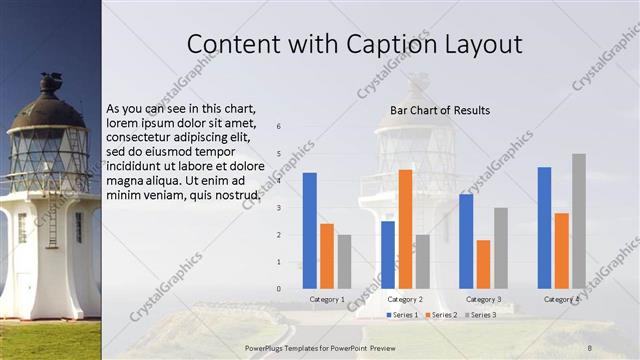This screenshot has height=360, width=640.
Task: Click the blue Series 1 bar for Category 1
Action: coord(310,230)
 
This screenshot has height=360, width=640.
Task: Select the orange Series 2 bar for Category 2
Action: coord(405,228)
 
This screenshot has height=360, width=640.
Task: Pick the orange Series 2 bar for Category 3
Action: coord(484,263)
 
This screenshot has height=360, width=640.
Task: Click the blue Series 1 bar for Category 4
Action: coord(544,227)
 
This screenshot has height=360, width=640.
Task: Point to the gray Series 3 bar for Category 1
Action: coord(345,261)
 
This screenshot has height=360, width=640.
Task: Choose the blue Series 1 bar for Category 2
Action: coord(388,254)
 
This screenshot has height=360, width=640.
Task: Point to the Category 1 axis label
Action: coord(327,299)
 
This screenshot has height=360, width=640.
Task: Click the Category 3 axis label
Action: coord(484,299)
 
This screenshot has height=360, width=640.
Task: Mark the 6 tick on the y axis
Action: coord(279,126)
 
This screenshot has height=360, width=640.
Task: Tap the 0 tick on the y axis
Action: coord(279,289)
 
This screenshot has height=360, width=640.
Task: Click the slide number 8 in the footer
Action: coord(590,346)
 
